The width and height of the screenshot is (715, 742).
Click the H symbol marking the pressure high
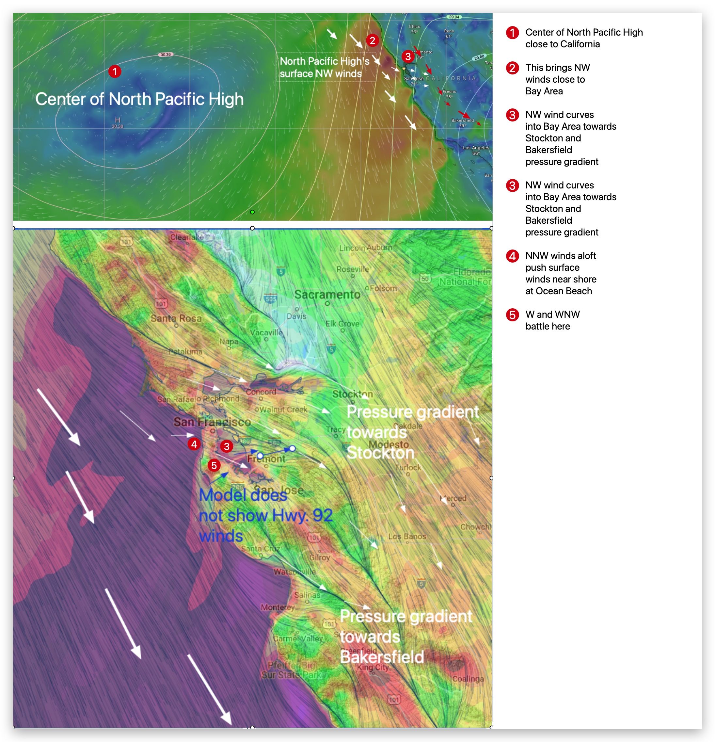[x=117, y=120]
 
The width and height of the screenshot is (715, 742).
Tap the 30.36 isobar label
[x=166, y=55]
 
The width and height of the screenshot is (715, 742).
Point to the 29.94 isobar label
[x=454, y=17]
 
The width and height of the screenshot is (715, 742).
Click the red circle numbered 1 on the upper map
[x=115, y=71]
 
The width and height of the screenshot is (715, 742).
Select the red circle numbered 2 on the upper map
[x=372, y=40]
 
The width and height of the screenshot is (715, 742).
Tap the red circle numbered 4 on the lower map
[x=194, y=444]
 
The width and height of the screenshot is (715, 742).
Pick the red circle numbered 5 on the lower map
[x=214, y=465]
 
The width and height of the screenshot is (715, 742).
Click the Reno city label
[x=449, y=31]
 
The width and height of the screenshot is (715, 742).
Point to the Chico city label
[x=414, y=26]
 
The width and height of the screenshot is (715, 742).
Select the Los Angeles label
[x=476, y=148]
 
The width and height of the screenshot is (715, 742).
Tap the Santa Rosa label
[x=176, y=318]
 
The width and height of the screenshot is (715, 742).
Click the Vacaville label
[x=266, y=332]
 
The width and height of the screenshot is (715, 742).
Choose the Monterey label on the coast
[x=278, y=607]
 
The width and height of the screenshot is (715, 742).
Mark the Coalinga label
[x=468, y=679]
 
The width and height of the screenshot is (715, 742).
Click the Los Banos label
[x=407, y=537]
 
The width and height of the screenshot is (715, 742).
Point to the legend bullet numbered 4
[x=512, y=256]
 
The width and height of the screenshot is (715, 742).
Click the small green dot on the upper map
[x=252, y=212]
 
